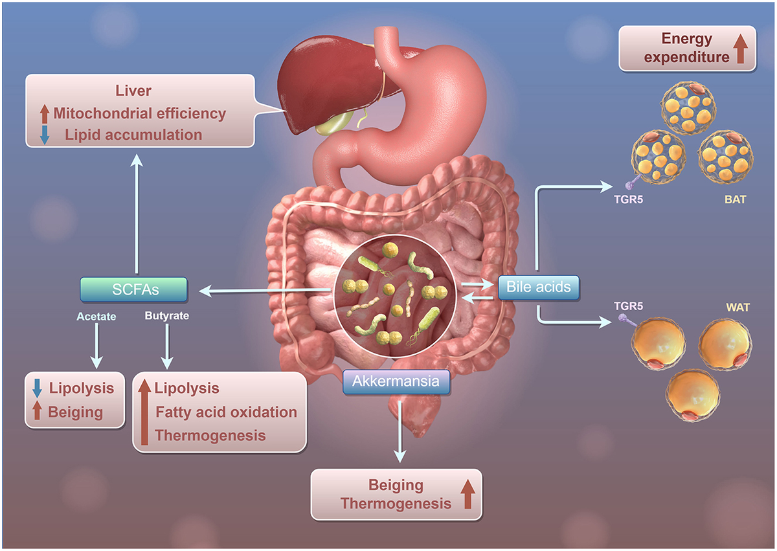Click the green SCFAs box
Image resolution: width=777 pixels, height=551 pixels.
click(134, 290)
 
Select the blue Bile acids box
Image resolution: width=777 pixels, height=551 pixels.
click(539, 287)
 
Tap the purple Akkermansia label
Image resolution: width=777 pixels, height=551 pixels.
click(396, 381)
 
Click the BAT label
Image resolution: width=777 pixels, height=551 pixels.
click(735, 200)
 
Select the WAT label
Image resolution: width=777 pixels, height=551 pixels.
click(738, 308)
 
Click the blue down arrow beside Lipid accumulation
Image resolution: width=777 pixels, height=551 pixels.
click(44, 135)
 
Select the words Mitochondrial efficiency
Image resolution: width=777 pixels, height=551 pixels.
click(140, 114)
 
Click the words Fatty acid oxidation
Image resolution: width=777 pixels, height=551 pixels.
click(226, 412)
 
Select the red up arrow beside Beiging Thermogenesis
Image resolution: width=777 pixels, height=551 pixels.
click(467, 495)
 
